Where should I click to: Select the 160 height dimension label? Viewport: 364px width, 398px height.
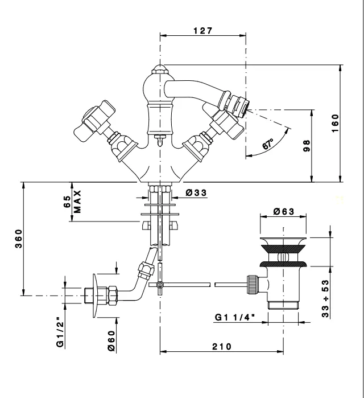[336, 122]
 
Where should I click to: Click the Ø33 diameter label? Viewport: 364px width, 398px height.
[196, 193]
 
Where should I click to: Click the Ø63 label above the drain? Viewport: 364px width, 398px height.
[283, 211]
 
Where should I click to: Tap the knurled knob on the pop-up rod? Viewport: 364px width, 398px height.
[251, 283]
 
